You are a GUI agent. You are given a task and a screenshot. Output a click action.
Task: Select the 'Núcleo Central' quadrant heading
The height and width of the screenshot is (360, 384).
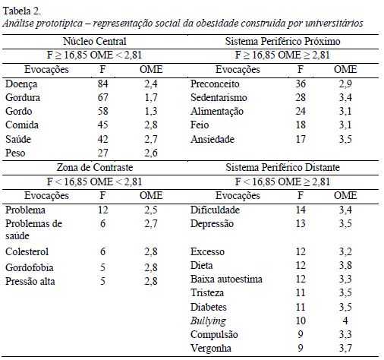[94, 41]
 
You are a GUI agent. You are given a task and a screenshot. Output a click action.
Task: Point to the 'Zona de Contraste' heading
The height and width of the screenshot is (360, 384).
[94, 167]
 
